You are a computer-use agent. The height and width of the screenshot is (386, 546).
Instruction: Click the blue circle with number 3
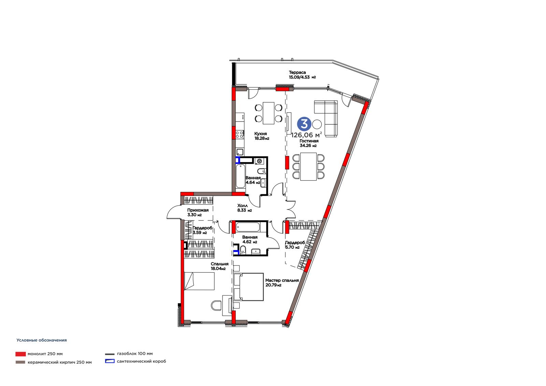304,124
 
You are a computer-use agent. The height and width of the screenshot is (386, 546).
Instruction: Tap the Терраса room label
297,72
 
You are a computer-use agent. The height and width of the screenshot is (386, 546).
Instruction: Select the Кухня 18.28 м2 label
261,136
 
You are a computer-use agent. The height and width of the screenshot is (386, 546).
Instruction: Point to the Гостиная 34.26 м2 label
309,143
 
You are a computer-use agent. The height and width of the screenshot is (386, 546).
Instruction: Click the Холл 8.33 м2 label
244,208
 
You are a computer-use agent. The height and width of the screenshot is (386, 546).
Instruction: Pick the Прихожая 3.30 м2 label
198,212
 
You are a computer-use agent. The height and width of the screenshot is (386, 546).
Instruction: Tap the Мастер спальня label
282,281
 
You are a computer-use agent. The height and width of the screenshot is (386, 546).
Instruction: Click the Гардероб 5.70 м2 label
295,245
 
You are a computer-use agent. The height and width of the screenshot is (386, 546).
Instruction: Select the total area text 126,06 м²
307,134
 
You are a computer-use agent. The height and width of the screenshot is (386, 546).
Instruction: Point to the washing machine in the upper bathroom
259,161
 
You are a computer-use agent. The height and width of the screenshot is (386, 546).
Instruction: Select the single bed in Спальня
199,281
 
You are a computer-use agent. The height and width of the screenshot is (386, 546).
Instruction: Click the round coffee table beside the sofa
317,124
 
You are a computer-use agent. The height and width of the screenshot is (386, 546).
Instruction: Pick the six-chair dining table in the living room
308,167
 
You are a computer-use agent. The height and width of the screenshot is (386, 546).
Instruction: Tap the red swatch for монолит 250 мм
20,354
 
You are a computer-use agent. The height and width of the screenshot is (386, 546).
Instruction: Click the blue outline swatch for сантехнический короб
110,361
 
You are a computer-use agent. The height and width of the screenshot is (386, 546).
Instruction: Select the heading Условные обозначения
41,340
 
